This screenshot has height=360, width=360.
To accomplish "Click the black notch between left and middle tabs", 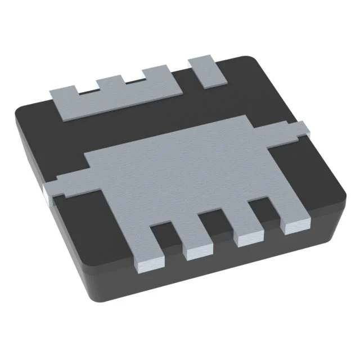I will (88, 89).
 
